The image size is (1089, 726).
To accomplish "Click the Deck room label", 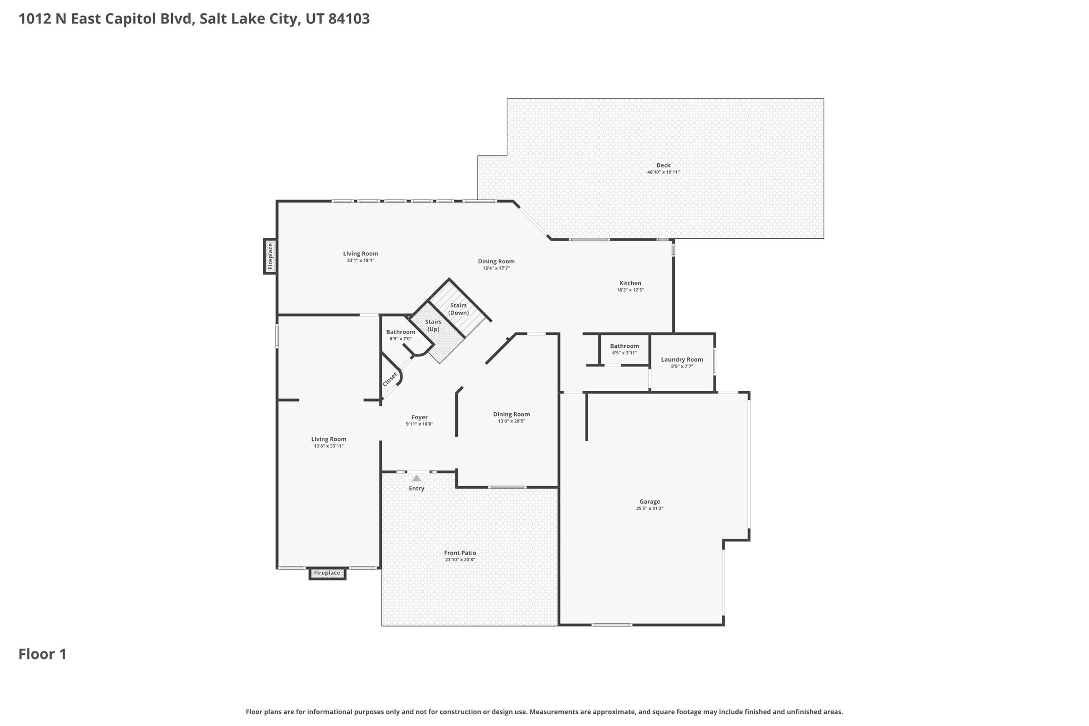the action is [x=663, y=165].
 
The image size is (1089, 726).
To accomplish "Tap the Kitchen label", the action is [x=630, y=283].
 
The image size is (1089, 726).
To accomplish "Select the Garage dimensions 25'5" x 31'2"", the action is [x=650, y=508].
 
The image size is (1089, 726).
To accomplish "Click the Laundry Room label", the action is [x=682, y=360].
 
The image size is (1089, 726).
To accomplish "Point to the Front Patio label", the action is [x=460, y=553].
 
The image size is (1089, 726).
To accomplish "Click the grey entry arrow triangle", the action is [x=416, y=478].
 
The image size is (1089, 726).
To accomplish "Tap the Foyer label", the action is [x=420, y=418].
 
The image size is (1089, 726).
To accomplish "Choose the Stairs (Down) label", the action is [x=458, y=309].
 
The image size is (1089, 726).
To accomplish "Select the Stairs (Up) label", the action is [x=433, y=326].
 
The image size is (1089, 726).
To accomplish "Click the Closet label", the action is [x=390, y=379].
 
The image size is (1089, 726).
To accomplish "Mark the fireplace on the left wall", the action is [x=270, y=256].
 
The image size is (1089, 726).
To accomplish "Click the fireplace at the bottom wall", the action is [x=327, y=573].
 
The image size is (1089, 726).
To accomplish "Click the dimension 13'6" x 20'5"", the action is [x=512, y=421].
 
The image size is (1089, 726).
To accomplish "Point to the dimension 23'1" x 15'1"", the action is [x=361, y=261].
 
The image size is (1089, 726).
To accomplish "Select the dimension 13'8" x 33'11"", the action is [x=329, y=446].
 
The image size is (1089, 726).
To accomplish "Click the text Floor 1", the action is [x=43, y=654].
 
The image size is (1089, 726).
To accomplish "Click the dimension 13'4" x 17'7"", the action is [x=496, y=268].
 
